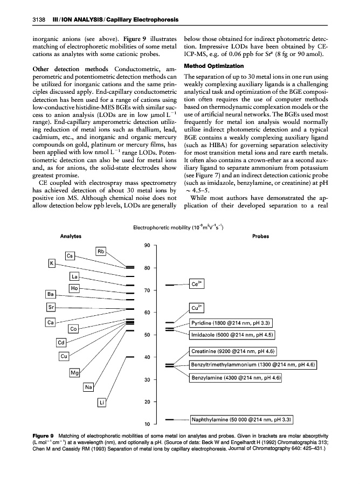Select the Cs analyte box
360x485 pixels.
71,255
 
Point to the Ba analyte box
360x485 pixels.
51,294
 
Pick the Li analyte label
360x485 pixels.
101,402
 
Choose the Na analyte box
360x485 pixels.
89,386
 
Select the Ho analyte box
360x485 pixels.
75,289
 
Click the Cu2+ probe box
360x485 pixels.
197,308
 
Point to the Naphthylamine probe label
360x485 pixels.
241,418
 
